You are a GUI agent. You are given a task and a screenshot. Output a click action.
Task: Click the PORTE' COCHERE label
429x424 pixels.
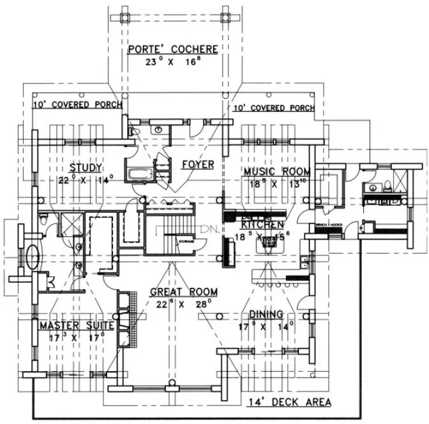point(172,49)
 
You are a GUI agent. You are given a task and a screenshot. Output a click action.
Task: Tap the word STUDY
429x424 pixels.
point(86,168)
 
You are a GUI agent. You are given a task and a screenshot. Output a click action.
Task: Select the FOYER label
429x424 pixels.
point(197,165)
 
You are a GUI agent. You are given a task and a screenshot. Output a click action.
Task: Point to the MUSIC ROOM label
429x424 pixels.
point(276,171)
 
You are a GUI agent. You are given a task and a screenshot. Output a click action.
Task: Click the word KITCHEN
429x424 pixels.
point(262,225)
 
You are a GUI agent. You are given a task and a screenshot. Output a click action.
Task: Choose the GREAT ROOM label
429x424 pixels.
point(183,292)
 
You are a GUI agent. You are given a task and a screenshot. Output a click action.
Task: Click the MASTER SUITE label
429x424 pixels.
point(76,325)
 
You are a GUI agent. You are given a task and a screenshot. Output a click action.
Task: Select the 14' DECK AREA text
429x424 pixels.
point(289,402)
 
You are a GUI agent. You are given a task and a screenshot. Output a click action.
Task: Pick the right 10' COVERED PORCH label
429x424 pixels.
point(273,108)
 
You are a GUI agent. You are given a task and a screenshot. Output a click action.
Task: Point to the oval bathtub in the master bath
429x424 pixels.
point(31,257)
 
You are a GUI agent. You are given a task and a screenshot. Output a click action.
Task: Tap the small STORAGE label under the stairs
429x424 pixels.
point(186,241)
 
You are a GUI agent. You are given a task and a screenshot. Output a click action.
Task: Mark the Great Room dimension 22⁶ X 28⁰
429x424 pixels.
point(183,304)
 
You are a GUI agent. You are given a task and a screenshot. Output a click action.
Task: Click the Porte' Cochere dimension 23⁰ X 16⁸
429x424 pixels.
point(172,62)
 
